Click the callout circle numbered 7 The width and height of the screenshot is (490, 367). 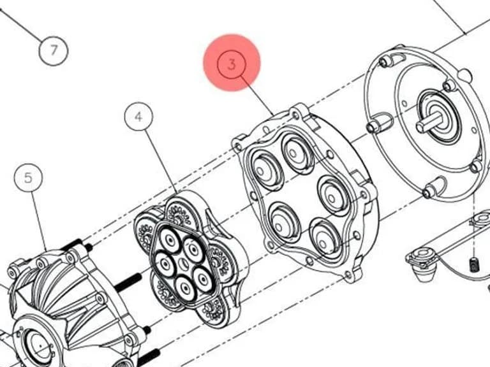[54, 50]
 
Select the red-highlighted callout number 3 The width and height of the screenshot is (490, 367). [232, 64]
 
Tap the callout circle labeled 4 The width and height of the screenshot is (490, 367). [138, 117]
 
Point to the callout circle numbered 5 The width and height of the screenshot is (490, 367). [28, 178]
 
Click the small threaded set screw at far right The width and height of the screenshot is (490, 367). [475, 264]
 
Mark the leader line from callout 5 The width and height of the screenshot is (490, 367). [39, 221]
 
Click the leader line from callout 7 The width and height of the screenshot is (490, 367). [20, 25]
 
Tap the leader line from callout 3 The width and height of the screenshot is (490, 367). [257, 95]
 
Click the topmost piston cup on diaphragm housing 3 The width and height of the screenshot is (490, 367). [295, 153]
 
